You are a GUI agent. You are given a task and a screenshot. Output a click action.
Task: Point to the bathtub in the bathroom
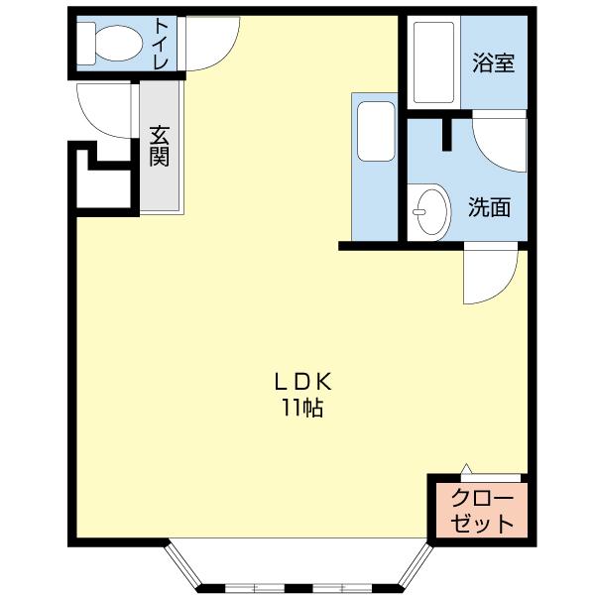pyautogui.click(x=432, y=61)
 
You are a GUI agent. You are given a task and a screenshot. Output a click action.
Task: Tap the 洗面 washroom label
pyautogui.click(x=489, y=207)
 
